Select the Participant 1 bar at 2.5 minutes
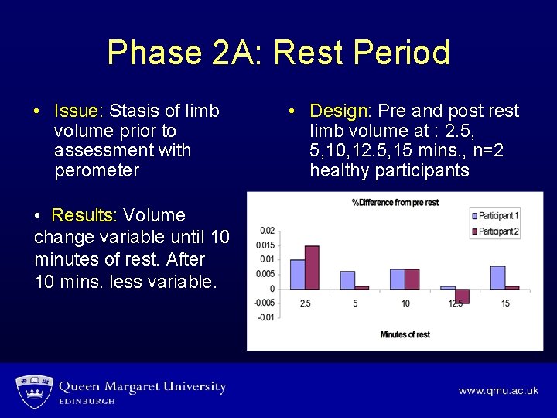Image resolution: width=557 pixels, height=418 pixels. pyautogui.click(x=298, y=274)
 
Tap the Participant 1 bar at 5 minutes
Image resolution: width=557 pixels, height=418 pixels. pyautogui.click(x=348, y=280)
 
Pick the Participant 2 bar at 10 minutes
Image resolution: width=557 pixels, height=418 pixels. pyautogui.click(x=412, y=279)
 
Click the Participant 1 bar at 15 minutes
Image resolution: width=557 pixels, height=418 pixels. pyautogui.click(x=497, y=277)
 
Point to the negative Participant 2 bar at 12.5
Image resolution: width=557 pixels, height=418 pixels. pyautogui.click(x=462, y=296)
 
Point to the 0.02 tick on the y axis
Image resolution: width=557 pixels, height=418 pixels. pyautogui.click(x=267, y=231)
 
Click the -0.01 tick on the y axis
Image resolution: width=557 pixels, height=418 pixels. pyautogui.click(x=265, y=317)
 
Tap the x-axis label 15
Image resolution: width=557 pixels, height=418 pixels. pyautogui.click(x=505, y=303)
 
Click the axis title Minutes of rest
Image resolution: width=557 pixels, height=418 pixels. pyautogui.click(x=406, y=334)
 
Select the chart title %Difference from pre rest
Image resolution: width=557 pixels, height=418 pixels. pyautogui.click(x=395, y=203)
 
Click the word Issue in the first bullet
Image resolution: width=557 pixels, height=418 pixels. pyautogui.click(x=76, y=111)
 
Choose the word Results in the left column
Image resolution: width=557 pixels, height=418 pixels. pyautogui.click(x=84, y=215)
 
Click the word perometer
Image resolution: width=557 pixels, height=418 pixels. pyautogui.click(x=97, y=170)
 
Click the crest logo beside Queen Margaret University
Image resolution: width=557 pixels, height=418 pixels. pyautogui.click(x=33, y=391)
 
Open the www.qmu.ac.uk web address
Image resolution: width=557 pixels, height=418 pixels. pyautogui.click(x=497, y=391)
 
